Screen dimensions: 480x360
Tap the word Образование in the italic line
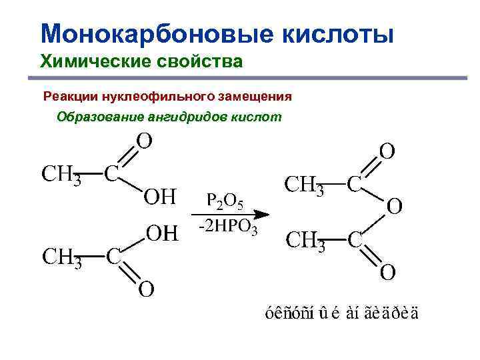tap(99, 117)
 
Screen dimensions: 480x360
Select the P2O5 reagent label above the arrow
tap(225, 200)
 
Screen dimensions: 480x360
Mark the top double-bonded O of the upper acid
tap(144, 141)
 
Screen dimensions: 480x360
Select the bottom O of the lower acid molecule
tap(146, 289)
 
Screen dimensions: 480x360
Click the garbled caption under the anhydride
tap(341, 313)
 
